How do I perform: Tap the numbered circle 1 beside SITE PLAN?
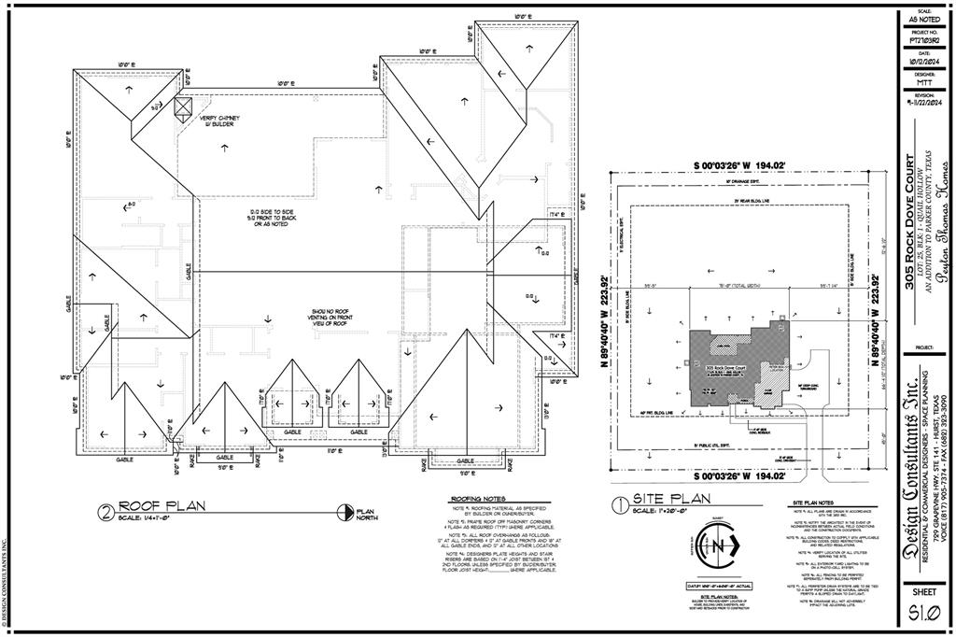(x=619, y=504)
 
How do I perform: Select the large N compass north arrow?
(x=721, y=548)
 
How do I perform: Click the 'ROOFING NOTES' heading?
(x=478, y=499)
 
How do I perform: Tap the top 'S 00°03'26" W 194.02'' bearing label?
(x=745, y=166)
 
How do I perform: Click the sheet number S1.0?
(x=922, y=613)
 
